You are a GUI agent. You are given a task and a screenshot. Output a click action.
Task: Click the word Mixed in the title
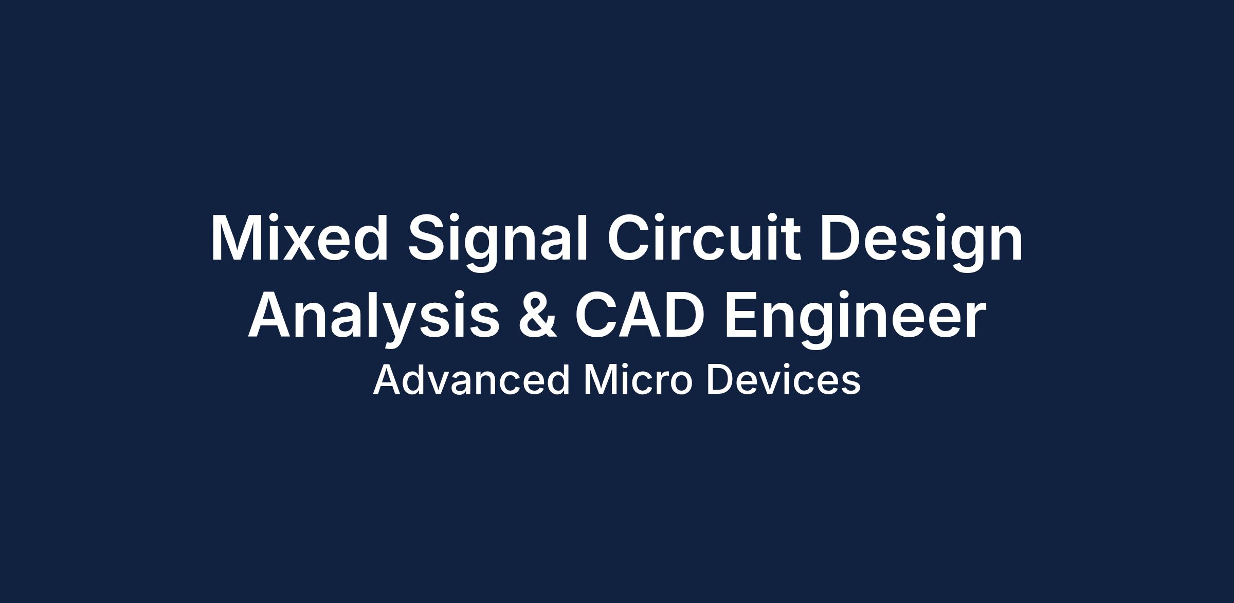[299, 238]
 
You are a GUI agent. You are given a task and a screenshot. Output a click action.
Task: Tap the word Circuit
[704, 238]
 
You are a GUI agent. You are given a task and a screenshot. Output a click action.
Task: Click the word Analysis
[374, 319]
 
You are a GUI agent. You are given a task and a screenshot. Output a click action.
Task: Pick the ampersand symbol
[537, 315]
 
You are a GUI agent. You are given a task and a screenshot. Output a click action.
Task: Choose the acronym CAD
[639, 315]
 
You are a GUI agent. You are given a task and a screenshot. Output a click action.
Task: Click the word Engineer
[855, 319]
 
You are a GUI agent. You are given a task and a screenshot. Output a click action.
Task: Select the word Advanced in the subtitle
[471, 380]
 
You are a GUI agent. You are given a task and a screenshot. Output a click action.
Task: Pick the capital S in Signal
[429, 238]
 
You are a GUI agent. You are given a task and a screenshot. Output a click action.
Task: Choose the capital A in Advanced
[388, 380]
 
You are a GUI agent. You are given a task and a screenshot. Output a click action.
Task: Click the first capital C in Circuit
[629, 238]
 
